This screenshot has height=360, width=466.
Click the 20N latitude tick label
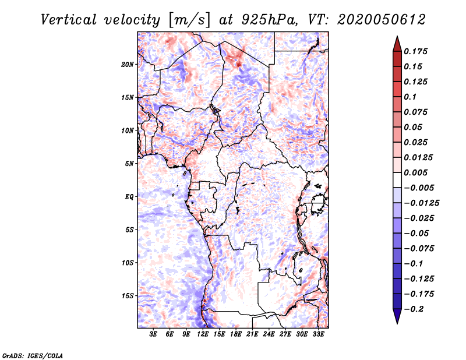point(128,65)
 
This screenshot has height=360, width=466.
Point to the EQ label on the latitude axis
point(129,197)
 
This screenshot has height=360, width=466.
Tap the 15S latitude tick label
point(128,296)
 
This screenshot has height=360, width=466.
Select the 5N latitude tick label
point(129,164)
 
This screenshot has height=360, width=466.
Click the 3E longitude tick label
point(153,334)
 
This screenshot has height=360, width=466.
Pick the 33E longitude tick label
point(318,334)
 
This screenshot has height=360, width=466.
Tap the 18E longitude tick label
point(236,334)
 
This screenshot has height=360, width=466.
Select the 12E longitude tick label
point(203,334)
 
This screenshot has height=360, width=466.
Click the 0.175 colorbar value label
point(415,51)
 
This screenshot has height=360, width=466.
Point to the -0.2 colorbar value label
point(414,309)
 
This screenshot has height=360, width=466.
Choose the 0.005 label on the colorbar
point(415,172)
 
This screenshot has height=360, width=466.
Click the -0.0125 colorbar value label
point(421,203)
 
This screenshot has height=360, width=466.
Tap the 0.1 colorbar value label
point(410,97)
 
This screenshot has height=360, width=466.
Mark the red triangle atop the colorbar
point(397,44)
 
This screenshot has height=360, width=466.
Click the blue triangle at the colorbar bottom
point(397,316)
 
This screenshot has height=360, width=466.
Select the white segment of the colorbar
point(397,180)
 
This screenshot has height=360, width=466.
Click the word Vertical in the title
point(69,20)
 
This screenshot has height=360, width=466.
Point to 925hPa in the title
point(269,20)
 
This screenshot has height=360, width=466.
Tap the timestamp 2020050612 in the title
point(382,20)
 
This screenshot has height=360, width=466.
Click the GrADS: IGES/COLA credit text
point(33,355)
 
